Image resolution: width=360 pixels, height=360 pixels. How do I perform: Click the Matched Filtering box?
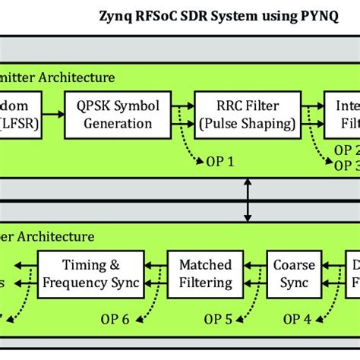[x=205, y=274]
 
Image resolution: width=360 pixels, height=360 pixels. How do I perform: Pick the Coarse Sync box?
[x=289, y=274]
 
